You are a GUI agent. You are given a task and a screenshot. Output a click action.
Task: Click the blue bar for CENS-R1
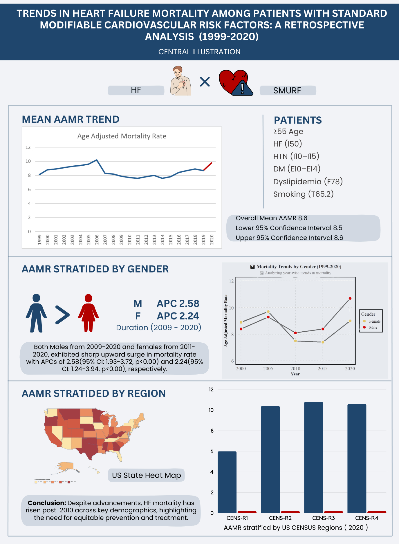[x=227, y=482]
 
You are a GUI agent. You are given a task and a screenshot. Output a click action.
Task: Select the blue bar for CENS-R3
[x=313, y=457]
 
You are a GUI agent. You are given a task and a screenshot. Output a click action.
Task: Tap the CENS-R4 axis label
[x=366, y=518]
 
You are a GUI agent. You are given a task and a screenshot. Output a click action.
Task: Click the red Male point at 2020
[x=350, y=299]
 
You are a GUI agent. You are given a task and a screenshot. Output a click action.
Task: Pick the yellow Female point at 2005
[x=268, y=312]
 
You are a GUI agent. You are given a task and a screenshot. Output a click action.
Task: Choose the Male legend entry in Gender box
[x=373, y=328]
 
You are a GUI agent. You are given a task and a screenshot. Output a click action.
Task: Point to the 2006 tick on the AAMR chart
[x=97, y=239]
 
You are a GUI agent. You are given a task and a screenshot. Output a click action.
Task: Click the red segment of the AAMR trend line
[x=208, y=167]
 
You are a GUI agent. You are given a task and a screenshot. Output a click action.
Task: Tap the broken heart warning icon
[x=236, y=83]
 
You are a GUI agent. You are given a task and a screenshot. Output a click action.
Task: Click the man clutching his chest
[x=180, y=81]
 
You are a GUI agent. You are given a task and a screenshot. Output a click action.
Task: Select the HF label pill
[x=136, y=90]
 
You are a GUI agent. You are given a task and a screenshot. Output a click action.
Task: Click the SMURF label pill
[x=287, y=91]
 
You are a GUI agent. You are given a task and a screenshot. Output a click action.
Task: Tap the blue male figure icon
[x=36, y=313]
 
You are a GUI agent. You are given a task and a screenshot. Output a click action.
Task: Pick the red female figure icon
[x=88, y=313]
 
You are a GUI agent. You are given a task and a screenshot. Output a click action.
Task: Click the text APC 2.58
[x=178, y=303]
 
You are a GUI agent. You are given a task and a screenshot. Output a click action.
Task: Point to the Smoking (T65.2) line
[x=303, y=194]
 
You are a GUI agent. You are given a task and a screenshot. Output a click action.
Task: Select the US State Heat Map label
[x=146, y=475]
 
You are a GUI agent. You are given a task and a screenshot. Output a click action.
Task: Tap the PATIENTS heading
[x=298, y=120]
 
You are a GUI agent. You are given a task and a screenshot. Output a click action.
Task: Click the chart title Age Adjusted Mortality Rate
[x=122, y=136]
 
